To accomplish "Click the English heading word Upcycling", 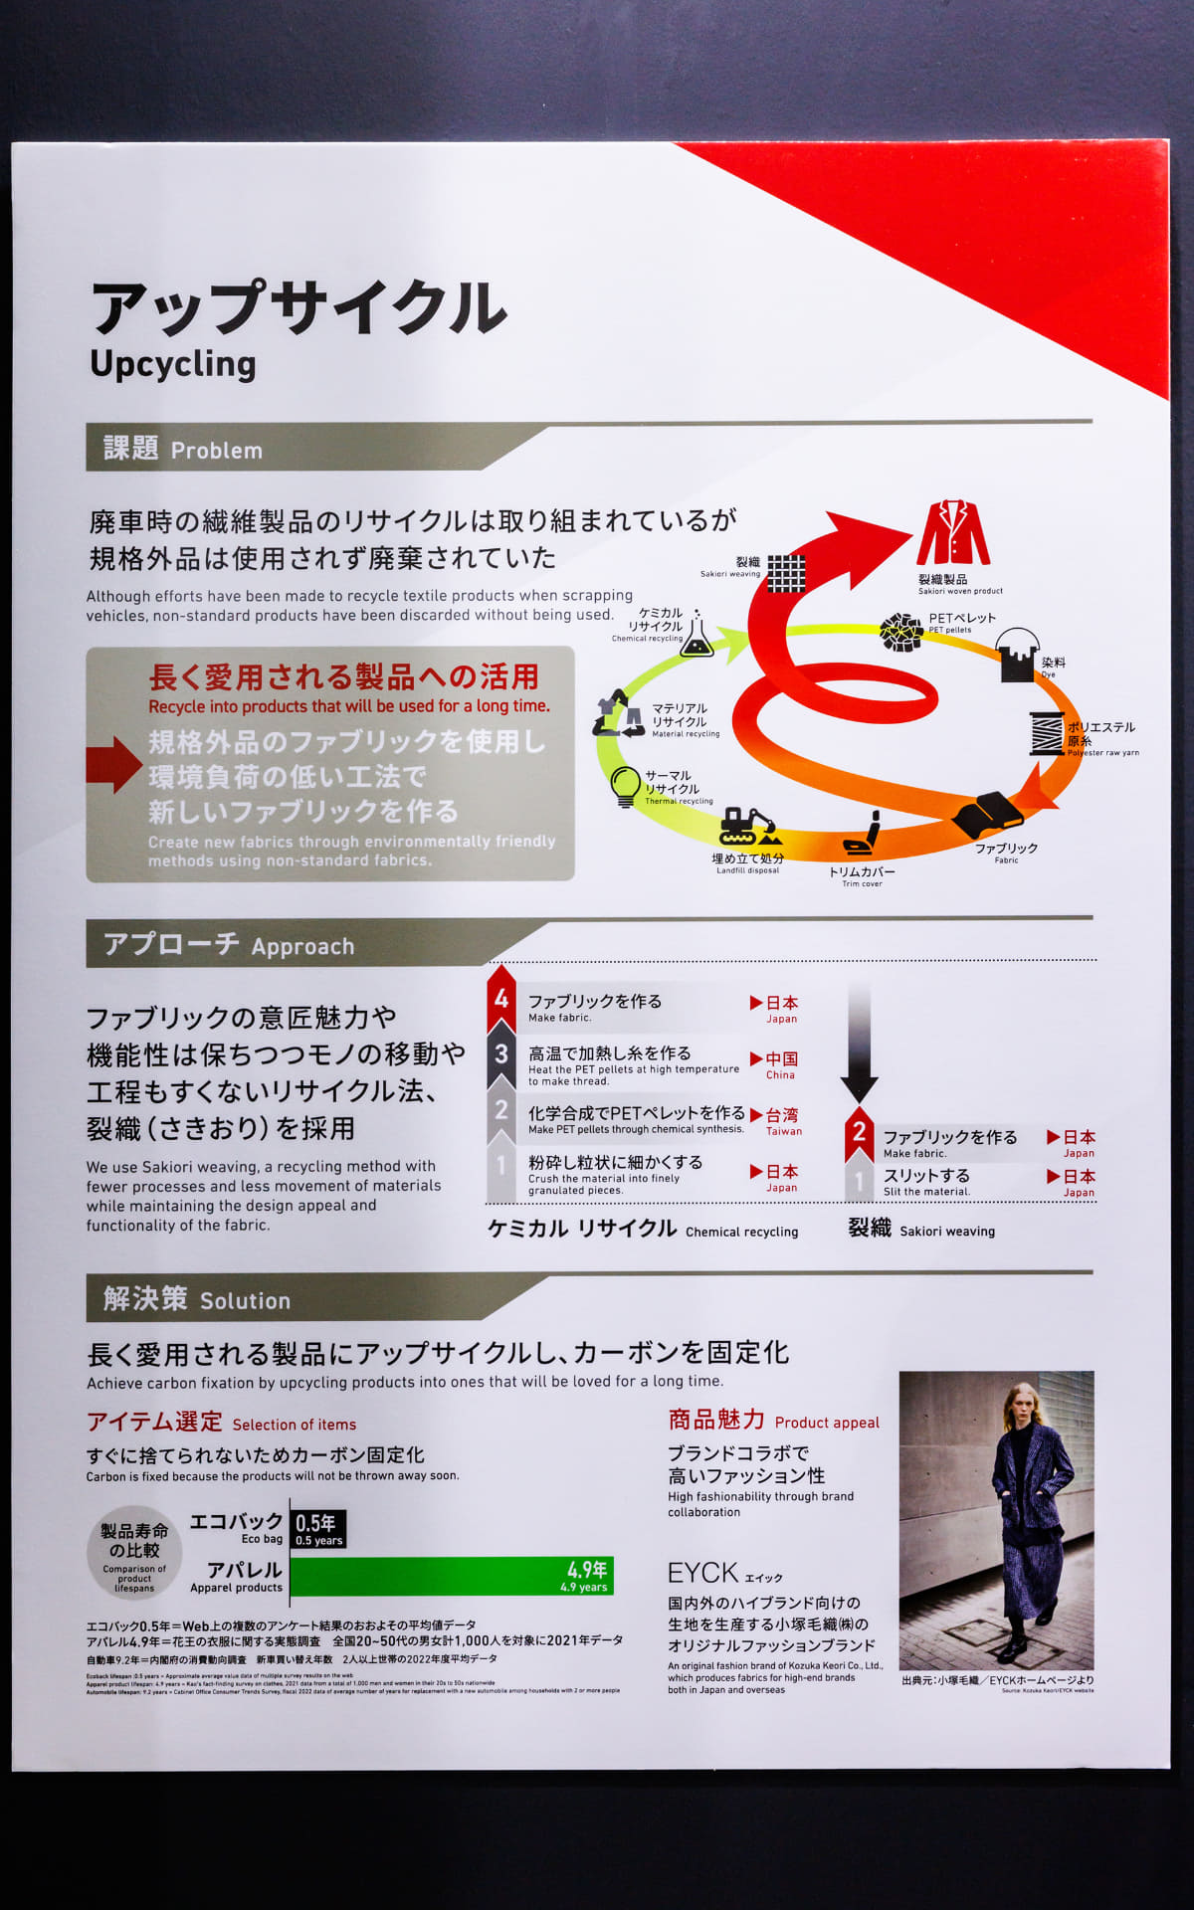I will tap(173, 364).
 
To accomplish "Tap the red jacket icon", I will tap(952, 534).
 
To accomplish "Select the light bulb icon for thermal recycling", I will tap(625, 785).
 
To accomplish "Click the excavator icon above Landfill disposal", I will tap(747, 827).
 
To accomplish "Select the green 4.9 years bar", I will tap(452, 1576).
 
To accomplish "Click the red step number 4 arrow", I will tap(501, 999).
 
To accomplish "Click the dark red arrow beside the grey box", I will tap(113, 764).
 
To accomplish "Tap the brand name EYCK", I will tap(703, 1573).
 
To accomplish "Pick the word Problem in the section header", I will tap(217, 451).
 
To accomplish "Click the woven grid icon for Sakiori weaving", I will tap(786, 573).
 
